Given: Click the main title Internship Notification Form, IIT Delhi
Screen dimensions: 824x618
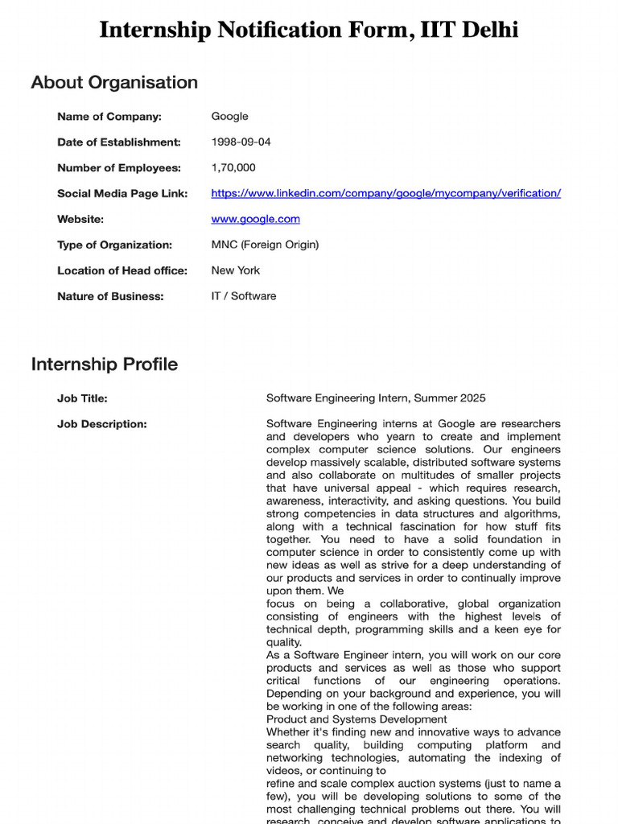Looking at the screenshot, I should click(309, 31).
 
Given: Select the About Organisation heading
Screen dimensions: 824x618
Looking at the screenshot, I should click(114, 82).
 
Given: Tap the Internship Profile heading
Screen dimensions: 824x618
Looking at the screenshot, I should click(105, 364).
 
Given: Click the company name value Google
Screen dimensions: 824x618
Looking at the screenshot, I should click(229, 116).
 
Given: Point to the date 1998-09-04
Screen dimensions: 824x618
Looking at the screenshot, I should click(241, 142).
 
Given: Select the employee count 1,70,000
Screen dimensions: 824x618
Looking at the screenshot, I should click(233, 167).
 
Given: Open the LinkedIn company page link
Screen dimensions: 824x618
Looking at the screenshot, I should click(385, 193).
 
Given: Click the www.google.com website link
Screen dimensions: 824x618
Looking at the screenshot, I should click(255, 219).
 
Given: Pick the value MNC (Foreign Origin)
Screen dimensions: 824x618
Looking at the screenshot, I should click(265, 245).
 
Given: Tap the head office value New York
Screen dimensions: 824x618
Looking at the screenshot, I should click(235, 270).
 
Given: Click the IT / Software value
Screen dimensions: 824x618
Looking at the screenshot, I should click(243, 296).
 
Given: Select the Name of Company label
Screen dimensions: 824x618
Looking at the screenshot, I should click(109, 116).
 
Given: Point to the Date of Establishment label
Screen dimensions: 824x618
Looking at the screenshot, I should click(119, 142).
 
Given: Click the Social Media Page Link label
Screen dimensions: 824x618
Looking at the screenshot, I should click(122, 193).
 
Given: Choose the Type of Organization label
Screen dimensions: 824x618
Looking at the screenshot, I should click(114, 245).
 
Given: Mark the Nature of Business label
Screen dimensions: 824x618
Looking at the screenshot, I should click(110, 296).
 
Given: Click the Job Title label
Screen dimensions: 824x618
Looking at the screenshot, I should click(82, 398).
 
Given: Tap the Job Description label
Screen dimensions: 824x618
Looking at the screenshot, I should click(102, 423).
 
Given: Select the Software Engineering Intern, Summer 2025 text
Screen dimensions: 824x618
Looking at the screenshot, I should click(376, 398).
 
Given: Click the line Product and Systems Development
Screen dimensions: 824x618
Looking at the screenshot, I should click(356, 719).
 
